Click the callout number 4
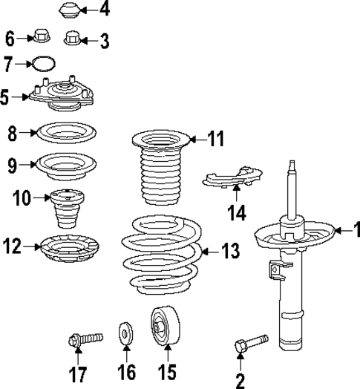point(104,10)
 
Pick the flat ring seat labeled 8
point(66,134)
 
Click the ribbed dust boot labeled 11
point(157,171)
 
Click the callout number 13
point(230,251)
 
